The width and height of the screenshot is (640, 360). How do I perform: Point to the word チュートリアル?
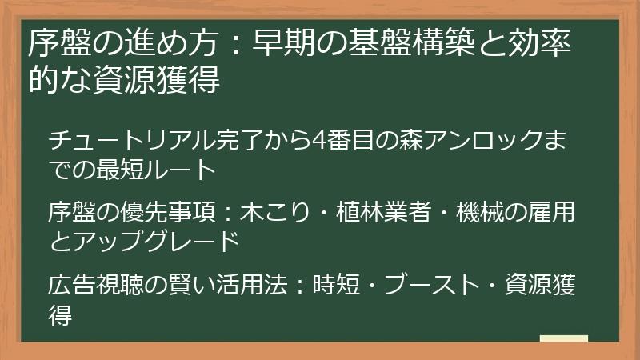click(119, 141)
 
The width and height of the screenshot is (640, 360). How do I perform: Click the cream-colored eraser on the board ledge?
click(564, 338)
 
